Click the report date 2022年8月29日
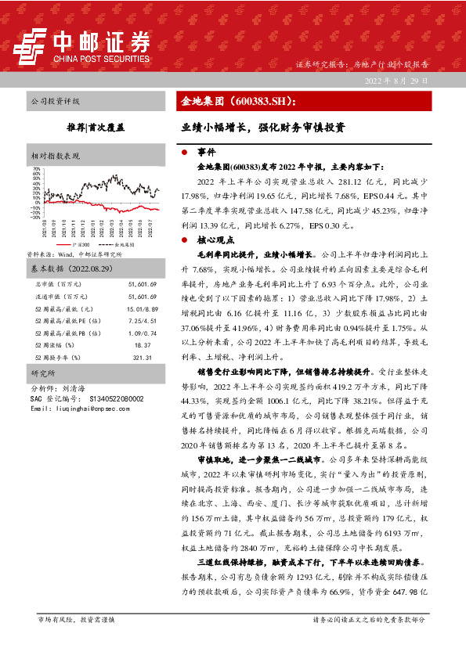[397, 81]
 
